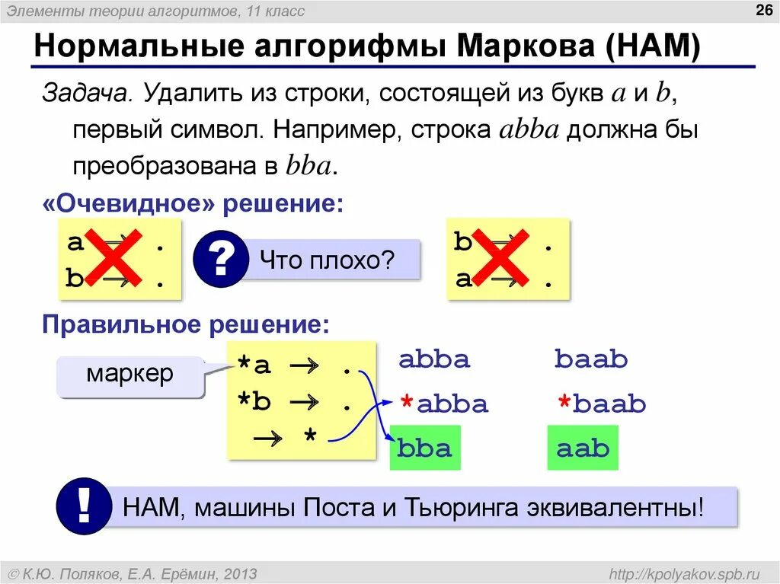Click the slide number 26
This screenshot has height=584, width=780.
tap(762, 10)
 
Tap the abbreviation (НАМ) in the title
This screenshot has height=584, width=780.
tap(654, 48)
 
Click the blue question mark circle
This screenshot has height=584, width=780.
tap(220, 260)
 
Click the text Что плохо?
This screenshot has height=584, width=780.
tap(327, 261)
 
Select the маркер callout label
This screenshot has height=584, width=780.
tap(129, 374)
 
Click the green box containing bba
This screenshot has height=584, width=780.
tap(424, 448)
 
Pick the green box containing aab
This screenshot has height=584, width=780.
tap(583, 448)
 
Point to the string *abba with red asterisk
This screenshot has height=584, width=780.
tap(444, 403)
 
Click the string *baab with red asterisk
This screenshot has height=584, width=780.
tap(601, 403)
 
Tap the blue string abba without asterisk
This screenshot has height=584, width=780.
tap(434, 359)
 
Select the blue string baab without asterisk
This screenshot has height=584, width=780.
tap(591, 359)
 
